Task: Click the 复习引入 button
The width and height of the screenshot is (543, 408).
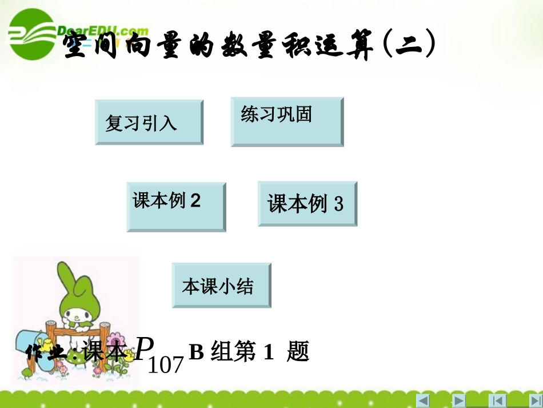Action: click(x=149, y=122)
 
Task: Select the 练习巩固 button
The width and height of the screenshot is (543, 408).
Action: click(x=287, y=121)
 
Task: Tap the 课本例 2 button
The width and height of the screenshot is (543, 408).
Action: click(x=176, y=207)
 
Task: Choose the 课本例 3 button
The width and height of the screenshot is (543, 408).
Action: click(x=308, y=204)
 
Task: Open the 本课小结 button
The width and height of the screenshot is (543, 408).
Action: click(x=221, y=285)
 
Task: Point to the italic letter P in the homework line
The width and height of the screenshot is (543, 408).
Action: click(x=145, y=347)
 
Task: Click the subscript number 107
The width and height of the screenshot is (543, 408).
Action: click(x=166, y=364)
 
